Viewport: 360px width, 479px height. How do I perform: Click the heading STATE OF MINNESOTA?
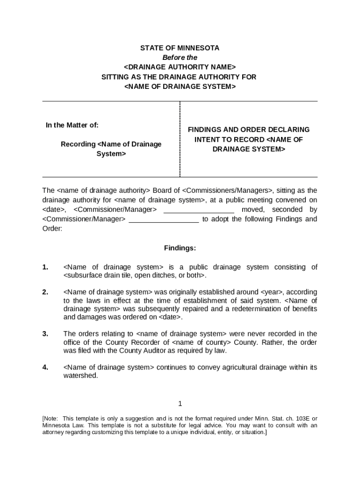[x=180, y=48]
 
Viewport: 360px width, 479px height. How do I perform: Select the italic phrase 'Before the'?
[x=180, y=58]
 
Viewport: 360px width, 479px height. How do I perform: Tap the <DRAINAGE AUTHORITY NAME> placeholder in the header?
[x=180, y=67]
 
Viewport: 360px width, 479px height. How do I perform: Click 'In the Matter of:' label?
[x=72, y=125]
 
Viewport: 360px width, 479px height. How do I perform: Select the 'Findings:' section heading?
[x=180, y=248]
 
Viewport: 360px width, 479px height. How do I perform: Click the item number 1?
[x=45, y=267]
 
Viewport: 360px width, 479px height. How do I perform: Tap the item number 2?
[x=45, y=292]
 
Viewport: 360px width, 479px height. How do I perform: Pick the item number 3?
[x=45, y=334]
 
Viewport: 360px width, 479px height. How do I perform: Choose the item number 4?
[x=45, y=367]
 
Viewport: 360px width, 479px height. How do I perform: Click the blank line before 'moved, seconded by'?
[x=199, y=210]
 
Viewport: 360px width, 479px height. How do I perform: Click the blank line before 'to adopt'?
[x=164, y=219]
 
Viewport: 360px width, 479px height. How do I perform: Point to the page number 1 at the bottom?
[x=180, y=404]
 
